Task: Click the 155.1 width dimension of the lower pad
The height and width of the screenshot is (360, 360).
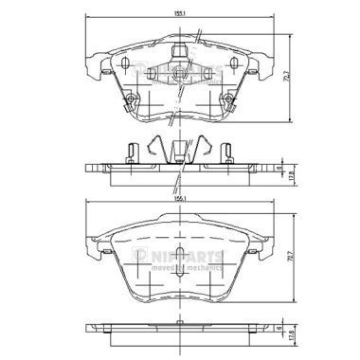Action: [179, 200]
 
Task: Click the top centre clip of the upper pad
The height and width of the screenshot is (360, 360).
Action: [179, 48]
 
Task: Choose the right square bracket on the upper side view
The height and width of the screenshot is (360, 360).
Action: [228, 151]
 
